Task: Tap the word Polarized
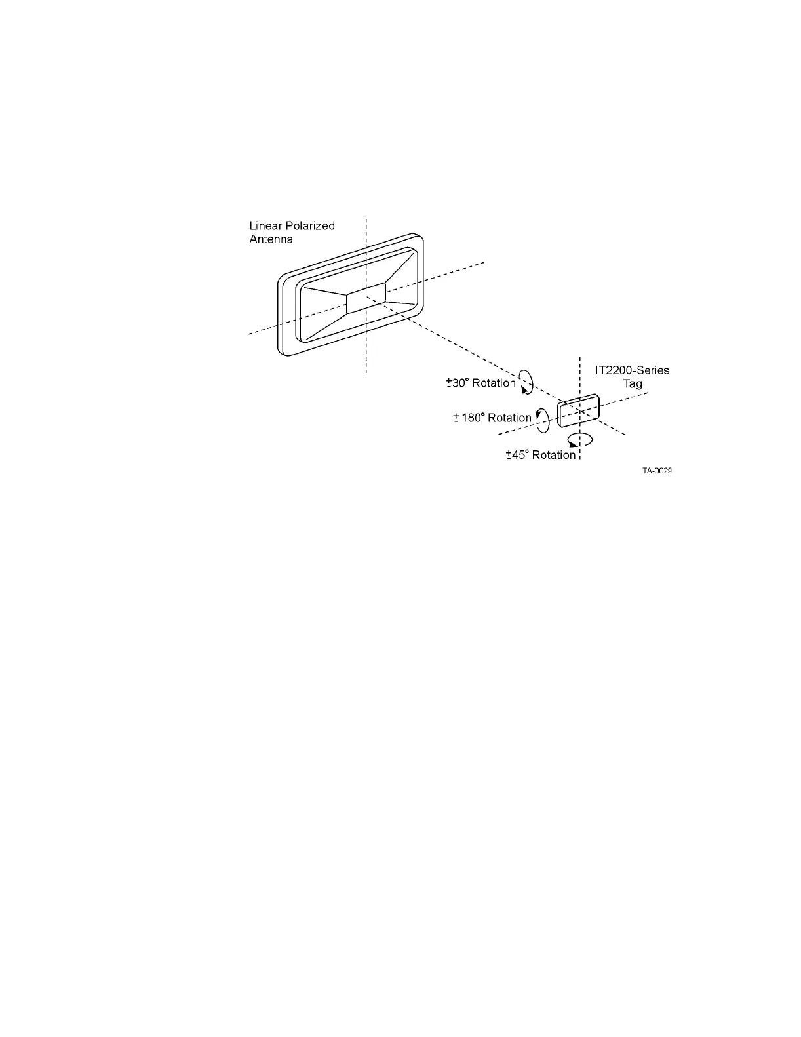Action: [x=311, y=225]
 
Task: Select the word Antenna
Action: [x=271, y=239]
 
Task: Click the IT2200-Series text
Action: [x=632, y=370]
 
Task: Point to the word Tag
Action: [x=633, y=383]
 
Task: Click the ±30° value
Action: [x=458, y=383]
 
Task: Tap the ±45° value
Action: [x=517, y=455]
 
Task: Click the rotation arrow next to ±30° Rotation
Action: [x=526, y=381]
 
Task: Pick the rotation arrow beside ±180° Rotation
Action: [x=542, y=420]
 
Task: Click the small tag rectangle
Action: [x=578, y=411]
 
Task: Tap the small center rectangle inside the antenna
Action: [x=366, y=298]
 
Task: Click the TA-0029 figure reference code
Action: [x=657, y=471]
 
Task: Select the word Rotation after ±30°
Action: [x=494, y=383]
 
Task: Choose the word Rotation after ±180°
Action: [x=509, y=418]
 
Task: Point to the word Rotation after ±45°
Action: [x=554, y=455]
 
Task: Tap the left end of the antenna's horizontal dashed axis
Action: [x=250, y=334]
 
